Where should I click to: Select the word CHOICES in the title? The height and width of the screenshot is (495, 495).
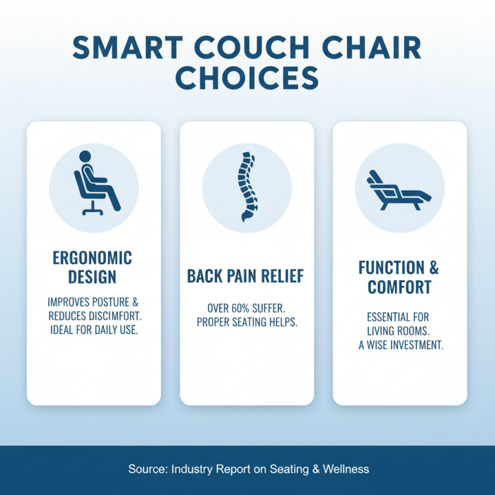click(x=247, y=79)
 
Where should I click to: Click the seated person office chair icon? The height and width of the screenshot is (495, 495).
click(x=93, y=183)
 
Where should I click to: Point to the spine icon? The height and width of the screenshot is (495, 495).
click(x=246, y=184)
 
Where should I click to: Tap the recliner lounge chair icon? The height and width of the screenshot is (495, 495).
click(x=400, y=187)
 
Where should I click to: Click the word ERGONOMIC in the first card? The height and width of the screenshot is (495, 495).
click(x=93, y=258)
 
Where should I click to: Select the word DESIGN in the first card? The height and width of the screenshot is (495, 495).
click(x=93, y=277)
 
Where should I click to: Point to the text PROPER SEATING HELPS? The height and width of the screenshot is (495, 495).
click(x=246, y=322)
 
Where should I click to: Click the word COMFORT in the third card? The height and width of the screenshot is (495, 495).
click(x=400, y=287)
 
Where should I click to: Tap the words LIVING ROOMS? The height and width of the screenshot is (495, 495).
click(x=400, y=331)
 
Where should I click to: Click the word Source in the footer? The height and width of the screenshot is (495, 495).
click(x=145, y=469)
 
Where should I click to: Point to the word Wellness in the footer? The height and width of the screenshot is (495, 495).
click(x=346, y=469)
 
